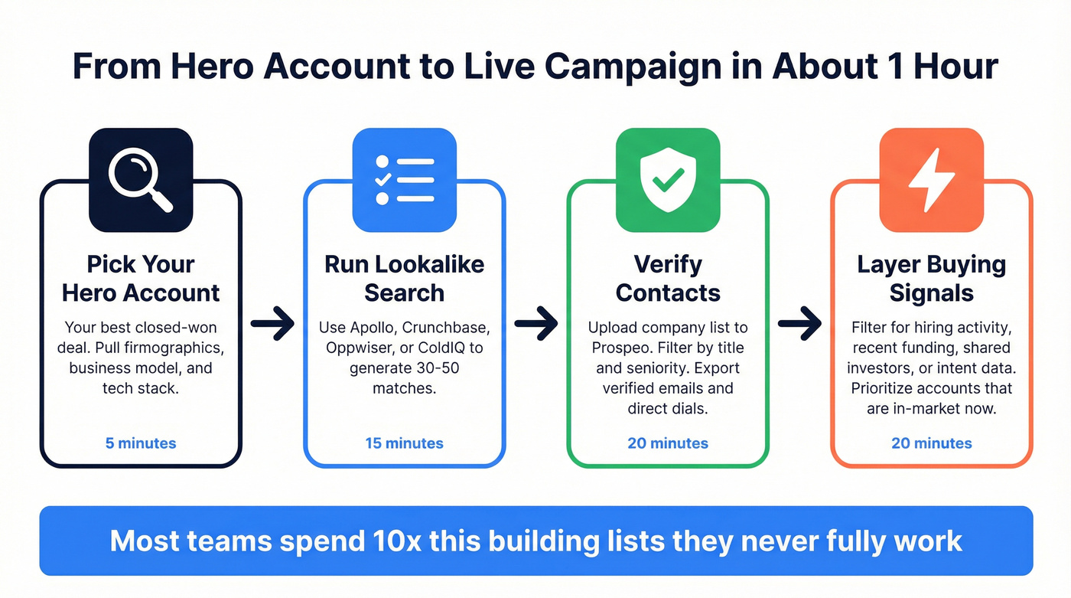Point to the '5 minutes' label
pyautogui.click(x=141, y=443)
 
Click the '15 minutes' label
pyautogui.click(x=404, y=443)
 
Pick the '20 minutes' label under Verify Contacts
pyautogui.click(x=668, y=443)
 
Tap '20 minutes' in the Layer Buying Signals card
pyautogui.click(x=931, y=443)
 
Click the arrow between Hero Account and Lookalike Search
pyautogui.click(x=272, y=325)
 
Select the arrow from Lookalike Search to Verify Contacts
pyautogui.click(x=536, y=325)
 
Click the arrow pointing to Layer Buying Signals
pyautogui.click(x=799, y=325)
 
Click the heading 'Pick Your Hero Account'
pyautogui.click(x=141, y=279)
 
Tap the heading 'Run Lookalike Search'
pyautogui.click(x=404, y=279)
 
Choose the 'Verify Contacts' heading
pyautogui.click(x=668, y=279)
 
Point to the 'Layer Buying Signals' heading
pyautogui.click(x=931, y=279)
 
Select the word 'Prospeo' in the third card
pyautogui.click(x=620, y=348)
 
